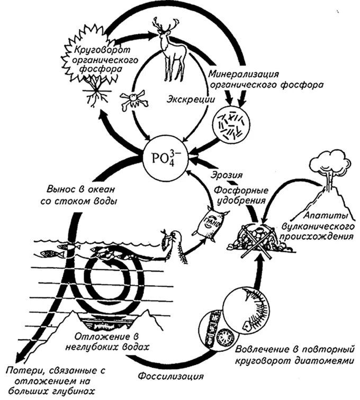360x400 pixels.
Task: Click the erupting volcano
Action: click(328, 190)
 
